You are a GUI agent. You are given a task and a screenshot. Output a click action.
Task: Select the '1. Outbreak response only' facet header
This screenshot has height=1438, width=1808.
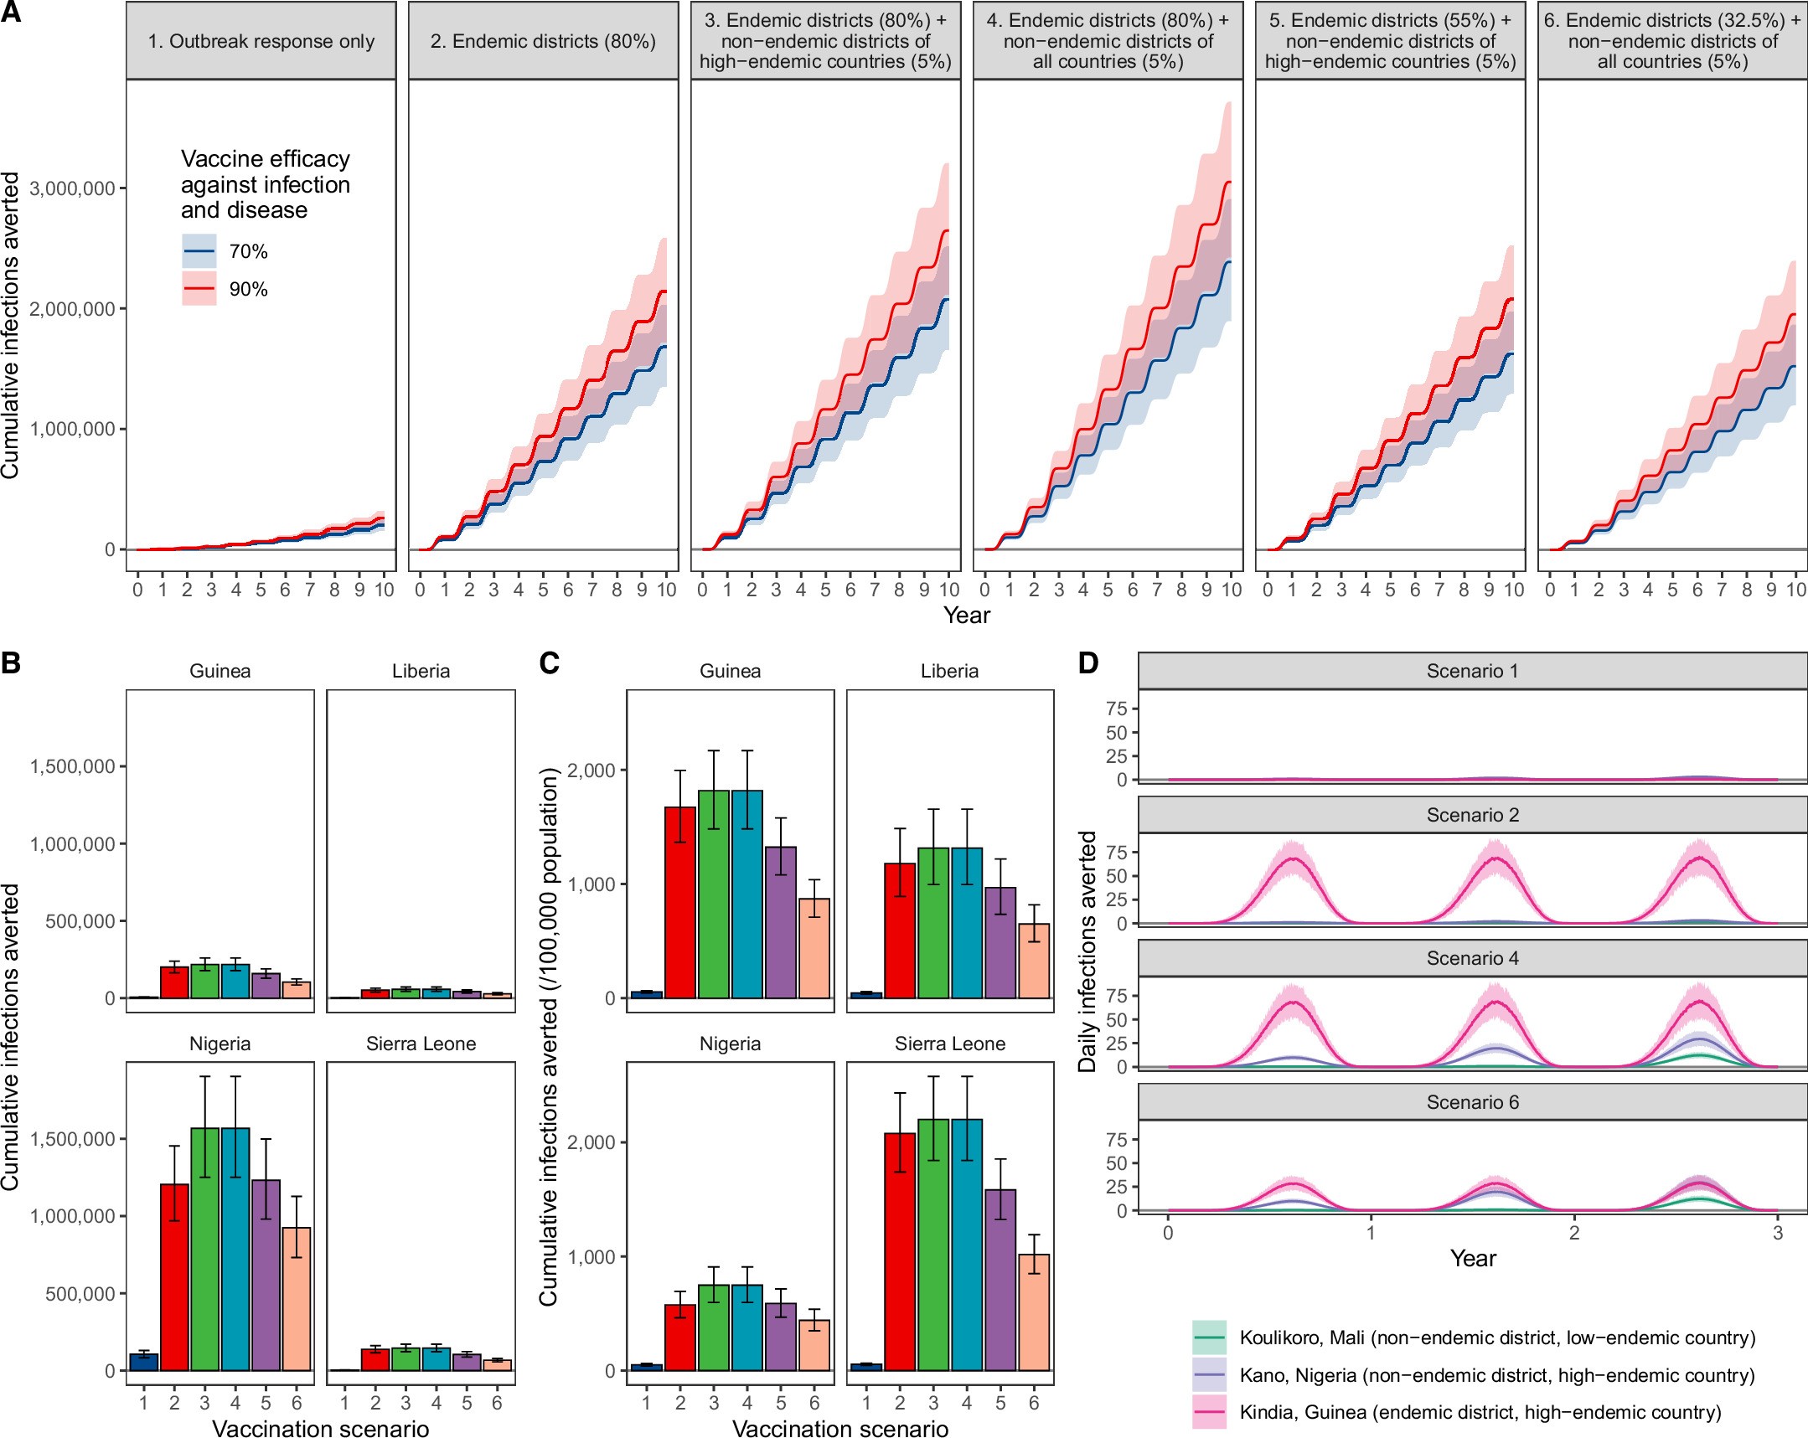261,41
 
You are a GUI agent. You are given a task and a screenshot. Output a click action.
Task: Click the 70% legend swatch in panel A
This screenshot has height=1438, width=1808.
199,250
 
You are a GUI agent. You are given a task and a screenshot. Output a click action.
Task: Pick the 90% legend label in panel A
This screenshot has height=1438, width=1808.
248,289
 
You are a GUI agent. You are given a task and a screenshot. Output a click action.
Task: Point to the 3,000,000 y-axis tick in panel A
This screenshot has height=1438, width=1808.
72,188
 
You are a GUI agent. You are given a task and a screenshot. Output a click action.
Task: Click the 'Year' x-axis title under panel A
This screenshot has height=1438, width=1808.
966,615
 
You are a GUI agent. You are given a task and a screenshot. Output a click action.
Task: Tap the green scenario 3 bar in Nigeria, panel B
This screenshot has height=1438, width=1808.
204,1250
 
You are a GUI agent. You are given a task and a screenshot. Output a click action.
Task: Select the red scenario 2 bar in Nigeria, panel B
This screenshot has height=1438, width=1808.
174,1277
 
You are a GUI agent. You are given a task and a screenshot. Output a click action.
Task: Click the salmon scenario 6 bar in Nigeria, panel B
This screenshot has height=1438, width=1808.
297,1299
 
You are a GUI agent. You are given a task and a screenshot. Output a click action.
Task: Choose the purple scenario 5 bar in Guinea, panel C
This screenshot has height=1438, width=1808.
781,922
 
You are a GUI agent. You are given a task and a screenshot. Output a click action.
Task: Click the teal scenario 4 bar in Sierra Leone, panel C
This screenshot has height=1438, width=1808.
967,1245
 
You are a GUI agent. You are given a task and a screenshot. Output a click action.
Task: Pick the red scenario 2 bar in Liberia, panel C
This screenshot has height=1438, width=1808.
900,930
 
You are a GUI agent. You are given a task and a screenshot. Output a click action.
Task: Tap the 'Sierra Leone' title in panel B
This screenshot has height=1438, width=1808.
421,1044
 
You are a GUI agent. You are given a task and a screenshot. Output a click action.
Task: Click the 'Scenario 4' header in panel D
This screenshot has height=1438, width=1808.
1473,958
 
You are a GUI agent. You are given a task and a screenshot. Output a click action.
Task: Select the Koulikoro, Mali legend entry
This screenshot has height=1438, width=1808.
1497,1337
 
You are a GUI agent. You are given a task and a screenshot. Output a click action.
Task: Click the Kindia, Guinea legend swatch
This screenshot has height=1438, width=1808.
1208,1412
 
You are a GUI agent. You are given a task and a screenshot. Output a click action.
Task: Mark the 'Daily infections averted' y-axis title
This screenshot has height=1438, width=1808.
1087,951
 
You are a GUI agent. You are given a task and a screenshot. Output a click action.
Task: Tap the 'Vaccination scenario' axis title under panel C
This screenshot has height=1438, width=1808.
840,1429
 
